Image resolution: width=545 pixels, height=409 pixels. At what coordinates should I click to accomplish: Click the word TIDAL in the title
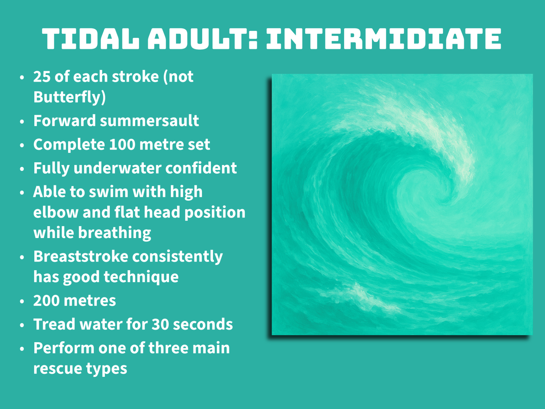91,39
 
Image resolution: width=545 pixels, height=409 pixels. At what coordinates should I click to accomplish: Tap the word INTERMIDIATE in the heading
384,39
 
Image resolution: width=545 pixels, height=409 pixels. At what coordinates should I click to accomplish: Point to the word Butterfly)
69,97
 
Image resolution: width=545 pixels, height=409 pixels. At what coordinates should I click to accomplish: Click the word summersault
149,121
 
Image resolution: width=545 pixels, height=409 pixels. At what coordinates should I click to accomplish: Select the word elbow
56,212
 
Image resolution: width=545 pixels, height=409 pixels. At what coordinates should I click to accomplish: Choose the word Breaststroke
81,257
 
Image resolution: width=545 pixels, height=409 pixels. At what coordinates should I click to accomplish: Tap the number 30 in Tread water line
160,325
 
